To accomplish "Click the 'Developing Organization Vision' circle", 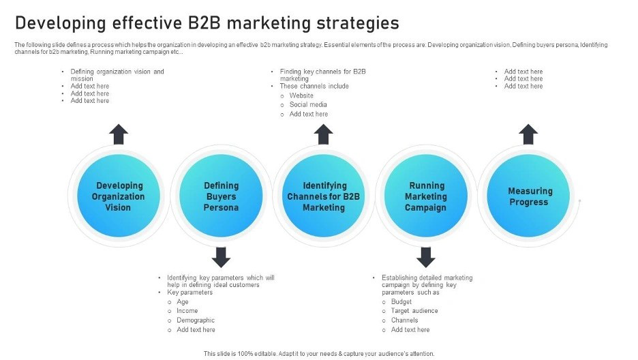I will [x=119, y=196].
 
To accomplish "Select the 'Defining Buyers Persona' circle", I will [x=222, y=196].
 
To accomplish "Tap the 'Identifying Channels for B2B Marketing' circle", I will [x=324, y=196].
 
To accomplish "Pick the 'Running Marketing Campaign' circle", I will [x=426, y=196].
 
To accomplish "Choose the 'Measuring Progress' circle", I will [x=529, y=196].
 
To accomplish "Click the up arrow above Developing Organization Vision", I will [x=119, y=134].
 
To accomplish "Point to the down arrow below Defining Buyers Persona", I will [x=221, y=257].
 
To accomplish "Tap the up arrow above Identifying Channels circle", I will [x=324, y=134].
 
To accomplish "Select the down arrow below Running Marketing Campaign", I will [x=426, y=257].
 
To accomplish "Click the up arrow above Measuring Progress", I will [x=528, y=134].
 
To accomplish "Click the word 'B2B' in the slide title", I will [x=204, y=23].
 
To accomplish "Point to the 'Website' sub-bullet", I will [x=301, y=95].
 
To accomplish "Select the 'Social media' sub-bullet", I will [x=308, y=105].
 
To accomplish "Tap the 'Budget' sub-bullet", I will [x=401, y=301].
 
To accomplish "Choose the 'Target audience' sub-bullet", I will [x=414, y=311].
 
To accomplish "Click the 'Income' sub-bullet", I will [x=187, y=311].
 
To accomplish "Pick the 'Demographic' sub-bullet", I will [x=196, y=320].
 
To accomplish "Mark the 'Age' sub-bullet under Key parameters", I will [x=183, y=301].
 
